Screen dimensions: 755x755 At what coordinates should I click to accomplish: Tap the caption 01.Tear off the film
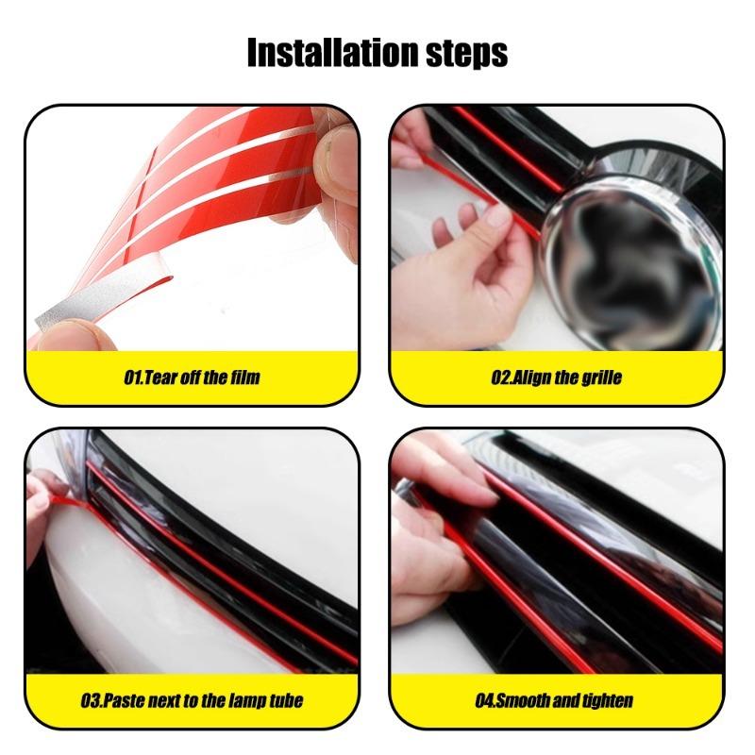(x=192, y=378)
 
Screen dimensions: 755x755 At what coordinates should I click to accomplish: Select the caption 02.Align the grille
(x=557, y=378)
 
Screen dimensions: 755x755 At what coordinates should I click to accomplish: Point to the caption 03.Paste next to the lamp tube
(x=192, y=701)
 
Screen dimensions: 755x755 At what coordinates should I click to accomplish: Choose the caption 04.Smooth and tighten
(x=554, y=701)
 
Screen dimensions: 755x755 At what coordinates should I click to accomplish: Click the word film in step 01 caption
(x=244, y=378)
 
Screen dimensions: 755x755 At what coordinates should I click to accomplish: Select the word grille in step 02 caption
(x=600, y=378)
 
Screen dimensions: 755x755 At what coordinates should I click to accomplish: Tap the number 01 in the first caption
(x=132, y=378)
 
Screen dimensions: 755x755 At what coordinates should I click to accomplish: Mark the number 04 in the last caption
(x=485, y=701)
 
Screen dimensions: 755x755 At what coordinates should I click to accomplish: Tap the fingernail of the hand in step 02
(x=497, y=219)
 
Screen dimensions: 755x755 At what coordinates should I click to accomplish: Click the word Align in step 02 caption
(x=533, y=378)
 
